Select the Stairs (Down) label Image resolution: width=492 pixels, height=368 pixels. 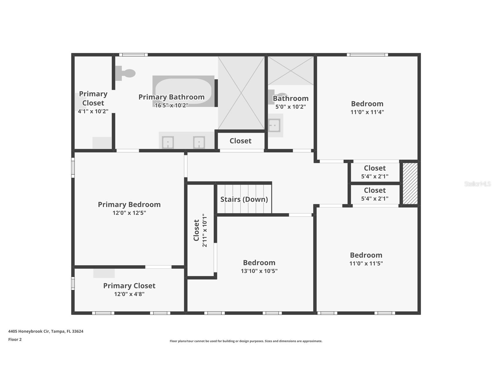tap(244, 199)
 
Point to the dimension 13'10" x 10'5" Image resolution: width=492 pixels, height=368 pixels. tap(259, 271)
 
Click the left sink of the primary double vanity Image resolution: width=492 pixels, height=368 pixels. tap(168, 142)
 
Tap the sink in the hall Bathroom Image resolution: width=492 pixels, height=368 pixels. tap(274, 125)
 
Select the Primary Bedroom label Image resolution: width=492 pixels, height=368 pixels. tap(129, 205)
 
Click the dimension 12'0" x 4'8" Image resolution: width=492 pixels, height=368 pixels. tap(129, 294)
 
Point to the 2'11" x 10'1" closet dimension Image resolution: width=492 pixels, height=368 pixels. tap(205, 230)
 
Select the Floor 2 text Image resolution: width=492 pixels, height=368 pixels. tap(15, 340)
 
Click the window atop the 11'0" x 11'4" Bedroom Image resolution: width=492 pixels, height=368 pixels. tap(367, 55)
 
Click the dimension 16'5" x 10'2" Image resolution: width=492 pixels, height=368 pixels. tap(171, 106)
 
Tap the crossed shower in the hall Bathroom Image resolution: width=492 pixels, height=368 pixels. tap(291, 71)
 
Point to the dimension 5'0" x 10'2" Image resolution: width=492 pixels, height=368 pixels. tap(291, 107)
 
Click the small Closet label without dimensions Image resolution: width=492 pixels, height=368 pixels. tap(240, 141)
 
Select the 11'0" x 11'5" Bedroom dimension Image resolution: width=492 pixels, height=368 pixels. tap(366, 264)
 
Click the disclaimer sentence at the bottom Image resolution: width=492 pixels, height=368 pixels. tap(246, 341)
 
